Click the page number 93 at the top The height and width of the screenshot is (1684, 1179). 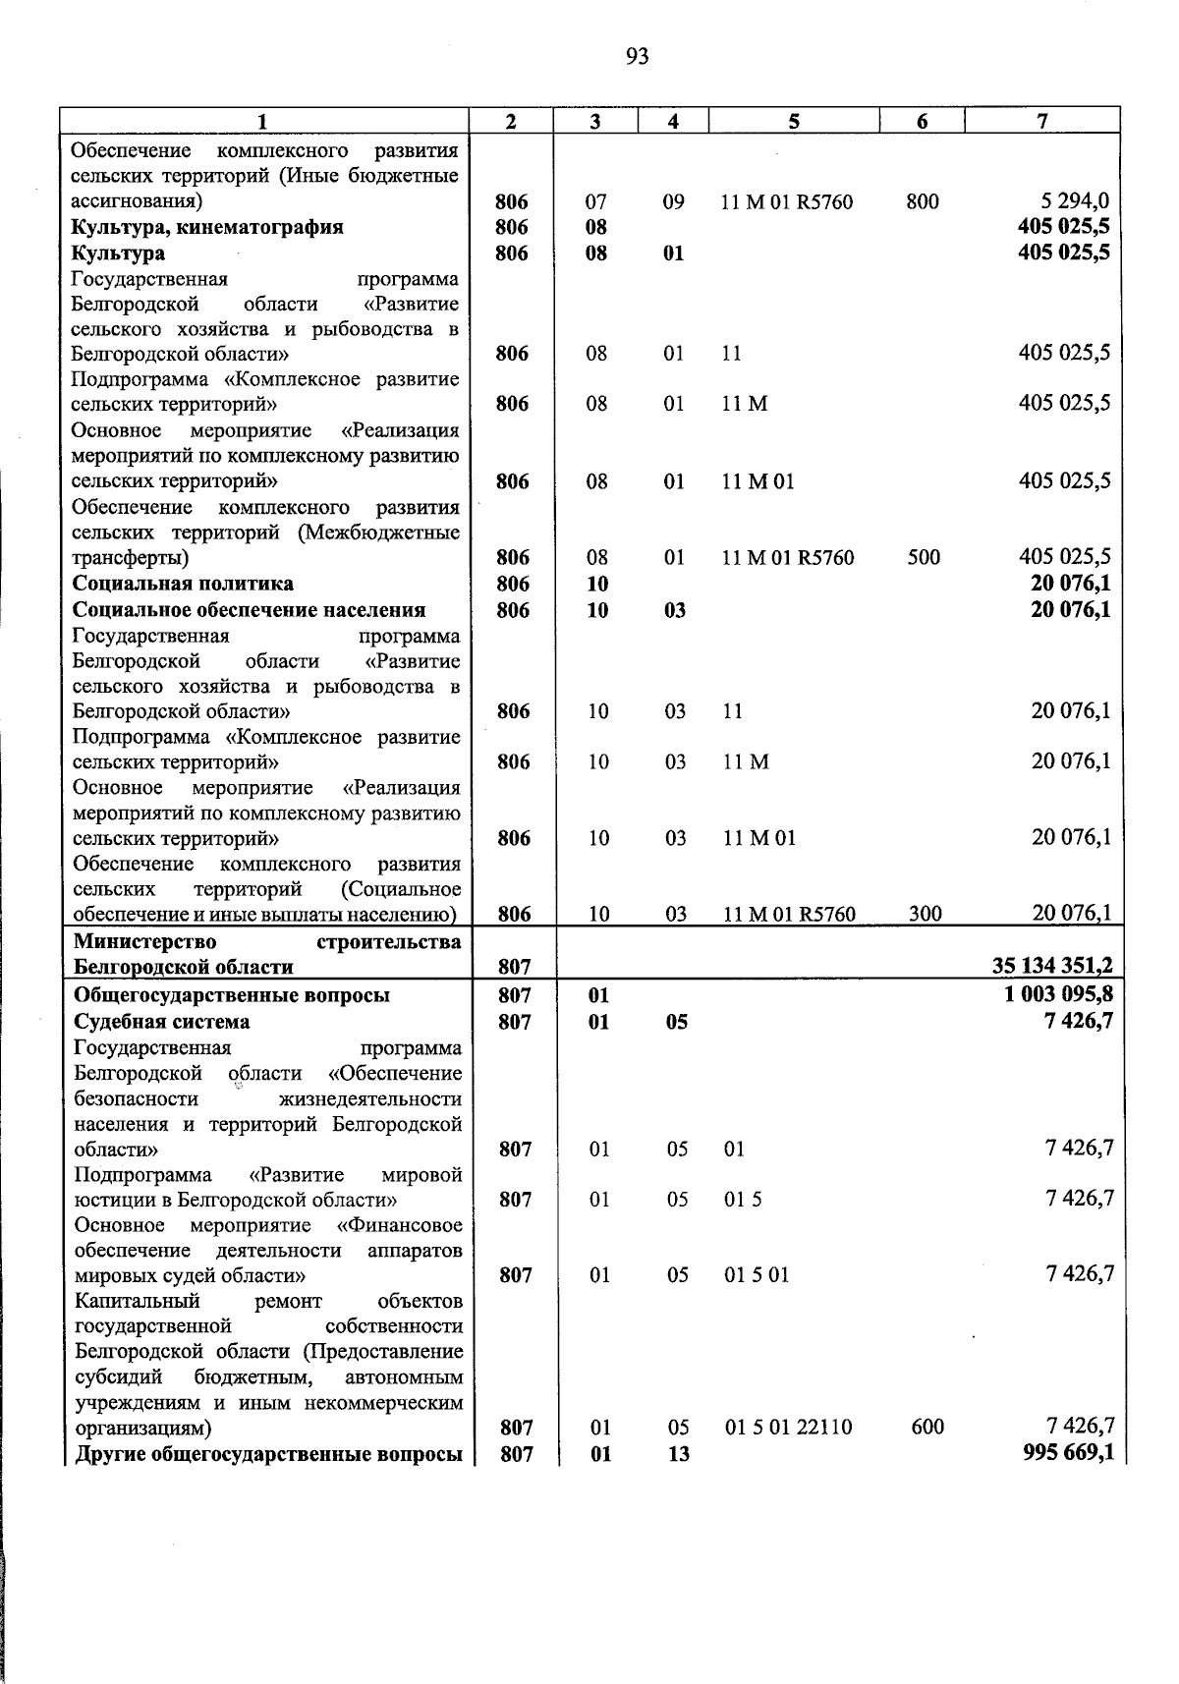click(637, 57)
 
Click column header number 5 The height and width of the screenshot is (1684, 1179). click(793, 121)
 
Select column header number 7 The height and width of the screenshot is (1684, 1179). click(1041, 121)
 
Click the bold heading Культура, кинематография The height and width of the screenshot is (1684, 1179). click(207, 227)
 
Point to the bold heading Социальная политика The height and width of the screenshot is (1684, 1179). click(183, 584)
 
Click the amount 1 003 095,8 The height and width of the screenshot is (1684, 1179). click(1058, 994)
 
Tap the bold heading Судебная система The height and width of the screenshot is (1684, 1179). click(162, 1022)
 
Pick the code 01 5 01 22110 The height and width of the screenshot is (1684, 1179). click(789, 1428)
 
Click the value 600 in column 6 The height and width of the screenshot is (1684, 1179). click(926, 1427)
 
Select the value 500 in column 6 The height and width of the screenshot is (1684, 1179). click(924, 558)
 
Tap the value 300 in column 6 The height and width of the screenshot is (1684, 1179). click(925, 914)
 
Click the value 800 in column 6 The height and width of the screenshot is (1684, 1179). click(923, 202)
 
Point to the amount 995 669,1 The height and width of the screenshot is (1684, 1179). click(1068, 1452)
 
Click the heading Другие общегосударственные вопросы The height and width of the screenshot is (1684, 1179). click(268, 1454)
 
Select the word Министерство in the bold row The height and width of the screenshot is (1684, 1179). click(145, 941)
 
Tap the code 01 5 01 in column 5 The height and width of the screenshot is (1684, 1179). click(757, 1275)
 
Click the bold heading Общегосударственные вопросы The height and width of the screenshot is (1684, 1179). click(232, 995)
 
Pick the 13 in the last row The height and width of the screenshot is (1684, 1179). click(678, 1454)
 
